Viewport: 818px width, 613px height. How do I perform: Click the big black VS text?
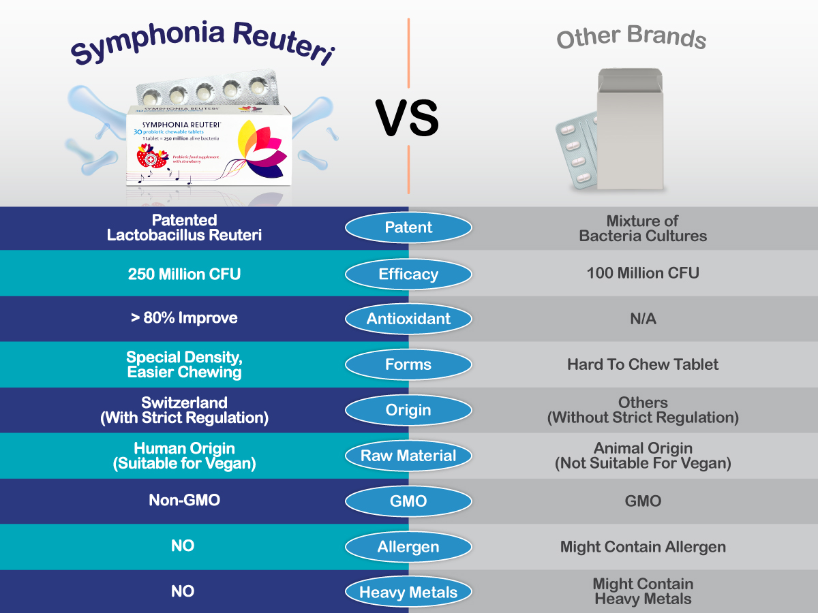tap(408, 118)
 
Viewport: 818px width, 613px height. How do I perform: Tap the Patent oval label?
tap(408, 227)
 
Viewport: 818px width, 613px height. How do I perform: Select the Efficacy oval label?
tap(408, 274)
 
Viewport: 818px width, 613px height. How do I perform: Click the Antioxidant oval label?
tap(408, 319)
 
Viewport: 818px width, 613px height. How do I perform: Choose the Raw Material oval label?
tap(408, 456)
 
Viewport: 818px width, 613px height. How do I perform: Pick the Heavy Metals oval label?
tap(408, 592)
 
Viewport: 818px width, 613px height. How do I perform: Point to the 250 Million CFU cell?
tap(185, 274)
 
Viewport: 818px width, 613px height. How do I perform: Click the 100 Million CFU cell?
tap(643, 273)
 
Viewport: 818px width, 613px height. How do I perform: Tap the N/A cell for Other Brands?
tap(643, 319)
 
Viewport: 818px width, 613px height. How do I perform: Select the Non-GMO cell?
tap(185, 500)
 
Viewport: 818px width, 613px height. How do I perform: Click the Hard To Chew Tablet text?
tap(643, 365)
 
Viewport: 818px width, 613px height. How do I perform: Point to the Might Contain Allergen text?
tap(643, 547)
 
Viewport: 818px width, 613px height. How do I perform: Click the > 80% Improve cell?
tap(185, 318)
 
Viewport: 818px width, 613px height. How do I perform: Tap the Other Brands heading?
tap(631, 37)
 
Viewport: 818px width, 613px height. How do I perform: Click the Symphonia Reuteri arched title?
tap(203, 43)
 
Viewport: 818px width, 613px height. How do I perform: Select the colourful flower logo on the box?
tap(262, 149)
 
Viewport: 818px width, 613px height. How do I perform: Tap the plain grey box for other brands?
tap(630, 129)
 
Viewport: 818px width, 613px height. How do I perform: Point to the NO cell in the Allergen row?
tap(183, 546)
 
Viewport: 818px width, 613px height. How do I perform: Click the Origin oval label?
tap(408, 410)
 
